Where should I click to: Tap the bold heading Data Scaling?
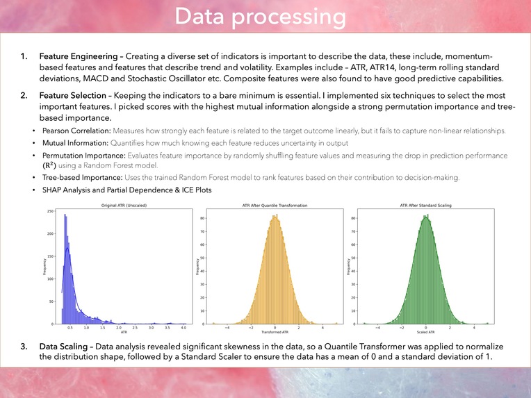(x=63, y=345)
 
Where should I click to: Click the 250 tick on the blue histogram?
(x=51, y=210)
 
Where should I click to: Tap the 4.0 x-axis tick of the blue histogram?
(x=183, y=327)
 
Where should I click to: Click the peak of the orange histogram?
(x=276, y=216)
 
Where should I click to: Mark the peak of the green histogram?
(x=425, y=216)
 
